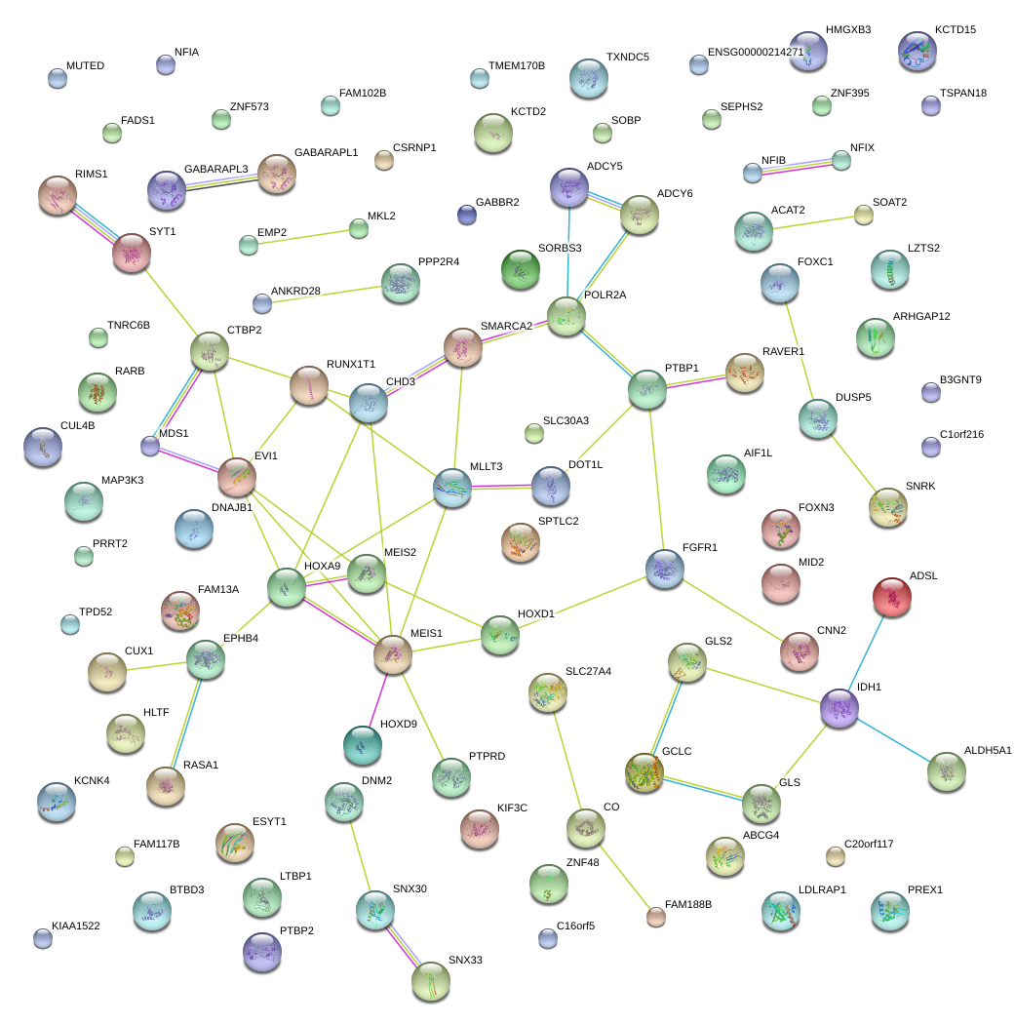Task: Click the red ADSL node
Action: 891,597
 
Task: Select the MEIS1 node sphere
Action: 392,655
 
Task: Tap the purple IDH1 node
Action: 839,708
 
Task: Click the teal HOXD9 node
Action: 362,746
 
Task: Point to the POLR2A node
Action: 566,316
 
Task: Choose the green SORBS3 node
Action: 520,270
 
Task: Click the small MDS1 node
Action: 149,446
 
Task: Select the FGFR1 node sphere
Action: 665,569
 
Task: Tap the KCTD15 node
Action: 917,52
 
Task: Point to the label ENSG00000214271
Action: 756,52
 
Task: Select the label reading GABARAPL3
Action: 216,169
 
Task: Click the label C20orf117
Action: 869,844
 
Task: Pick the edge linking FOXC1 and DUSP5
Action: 799,350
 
